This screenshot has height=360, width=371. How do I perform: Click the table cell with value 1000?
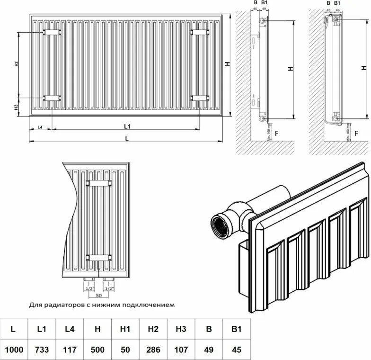pyautogui.click(x=14, y=350)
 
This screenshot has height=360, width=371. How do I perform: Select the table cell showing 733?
pyautogui.click(x=42, y=350)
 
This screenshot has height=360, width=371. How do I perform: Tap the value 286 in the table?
pyautogui.click(x=153, y=350)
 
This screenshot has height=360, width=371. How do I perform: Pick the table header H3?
pyautogui.click(x=181, y=329)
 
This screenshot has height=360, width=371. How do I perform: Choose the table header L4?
pyautogui.click(x=70, y=329)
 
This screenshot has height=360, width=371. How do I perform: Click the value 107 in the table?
pyautogui.click(x=181, y=350)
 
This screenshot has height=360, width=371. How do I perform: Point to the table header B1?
pyautogui.click(x=237, y=329)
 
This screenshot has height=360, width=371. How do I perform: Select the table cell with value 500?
pyautogui.click(x=97, y=350)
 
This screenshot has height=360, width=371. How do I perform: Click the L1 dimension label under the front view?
pyautogui.click(x=127, y=126)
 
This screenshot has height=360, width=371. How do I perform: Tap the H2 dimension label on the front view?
pyautogui.click(x=16, y=64)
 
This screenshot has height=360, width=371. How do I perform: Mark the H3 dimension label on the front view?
pyautogui.click(x=16, y=107)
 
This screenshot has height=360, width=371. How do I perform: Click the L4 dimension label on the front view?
pyautogui.click(x=40, y=127)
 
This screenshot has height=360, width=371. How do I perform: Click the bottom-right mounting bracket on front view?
pyautogui.click(x=200, y=98)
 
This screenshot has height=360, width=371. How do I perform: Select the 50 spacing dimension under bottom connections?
pyautogui.click(x=98, y=296)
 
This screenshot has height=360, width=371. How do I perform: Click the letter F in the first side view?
pyautogui.click(x=276, y=133)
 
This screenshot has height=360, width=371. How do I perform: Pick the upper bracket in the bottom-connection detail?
pyautogui.click(x=98, y=182)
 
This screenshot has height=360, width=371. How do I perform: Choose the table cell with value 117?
pyautogui.click(x=70, y=350)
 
